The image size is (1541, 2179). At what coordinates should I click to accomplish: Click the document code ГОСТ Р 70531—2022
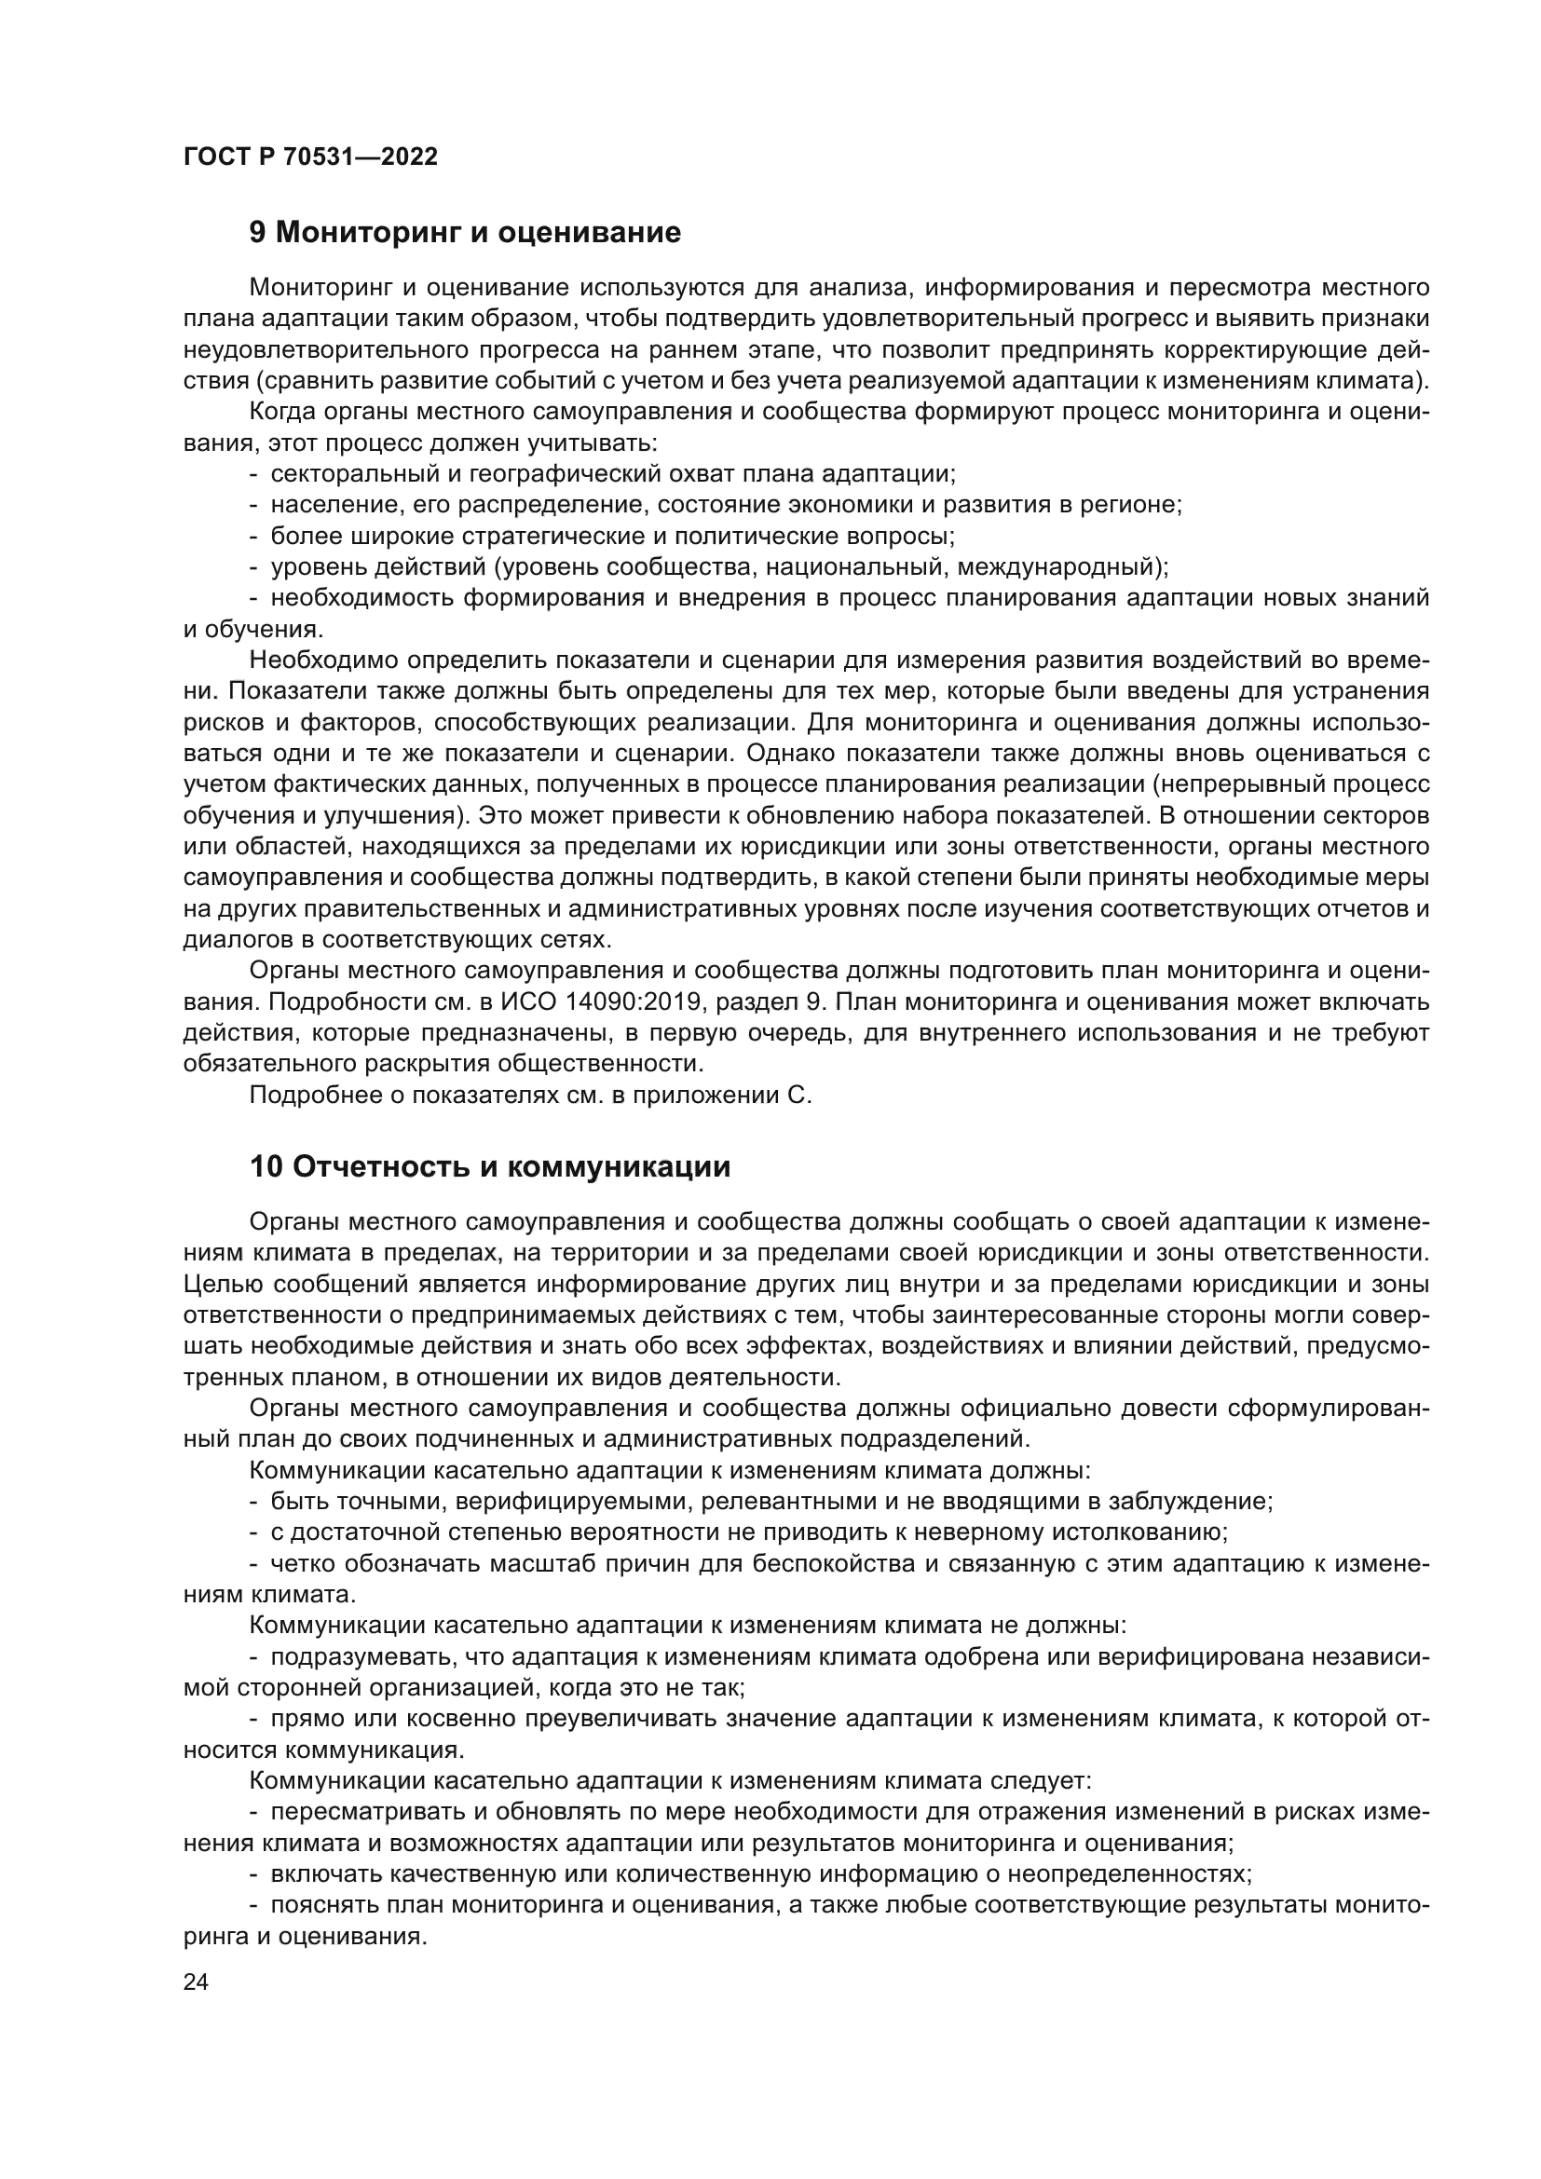310,157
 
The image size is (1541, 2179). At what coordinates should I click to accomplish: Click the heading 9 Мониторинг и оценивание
465,233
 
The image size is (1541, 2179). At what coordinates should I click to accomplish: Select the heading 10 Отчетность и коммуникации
490,1166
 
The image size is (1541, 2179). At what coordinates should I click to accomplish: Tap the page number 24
196,1981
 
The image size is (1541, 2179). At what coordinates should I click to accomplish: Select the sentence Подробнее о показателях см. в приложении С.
530,1095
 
